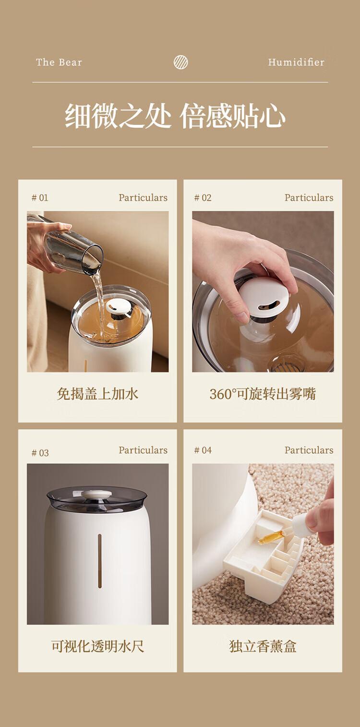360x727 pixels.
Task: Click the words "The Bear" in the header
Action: pyautogui.click(x=59, y=62)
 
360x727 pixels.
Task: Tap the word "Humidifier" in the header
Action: pyautogui.click(x=296, y=62)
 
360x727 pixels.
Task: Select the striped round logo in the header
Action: pyautogui.click(x=180, y=62)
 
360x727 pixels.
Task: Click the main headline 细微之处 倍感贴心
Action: pyautogui.click(x=175, y=116)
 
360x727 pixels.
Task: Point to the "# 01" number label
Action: pyautogui.click(x=40, y=198)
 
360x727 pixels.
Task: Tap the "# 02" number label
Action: pyautogui.click(x=203, y=198)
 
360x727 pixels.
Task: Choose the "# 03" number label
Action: pyautogui.click(x=40, y=453)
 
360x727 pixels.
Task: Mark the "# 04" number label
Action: pyautogui.click(x=203, y=450)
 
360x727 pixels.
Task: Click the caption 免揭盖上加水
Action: pyautogui.click(x=97, y=394)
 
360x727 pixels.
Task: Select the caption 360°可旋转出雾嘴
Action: pyautogui.click(x=263, y=394)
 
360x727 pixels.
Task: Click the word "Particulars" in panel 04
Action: pyautogui.click(x=309, y=450)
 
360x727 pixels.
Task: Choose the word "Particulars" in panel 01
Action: pyautogui.click(x=143, y=198)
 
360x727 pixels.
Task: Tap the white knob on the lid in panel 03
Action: pyautogui.click(x=96, y=494)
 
